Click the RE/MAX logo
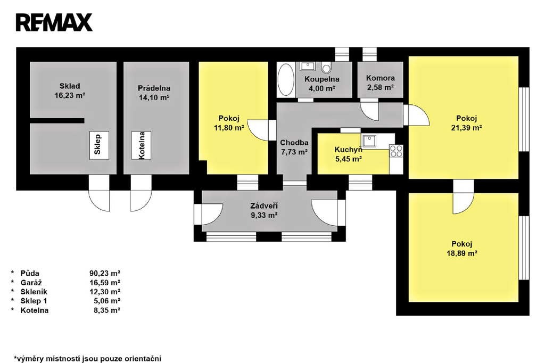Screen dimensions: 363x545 [x=54, y=22]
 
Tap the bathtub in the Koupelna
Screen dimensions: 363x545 [x=286, y=80]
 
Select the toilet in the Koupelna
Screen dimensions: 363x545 [x=327, y=68]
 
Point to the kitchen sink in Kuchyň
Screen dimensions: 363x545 [x=369, y=141]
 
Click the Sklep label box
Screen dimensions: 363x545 [x=98, y=144]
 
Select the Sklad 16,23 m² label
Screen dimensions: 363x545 [x=70, y=91]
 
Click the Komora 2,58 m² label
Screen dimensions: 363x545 [x=380, y=82]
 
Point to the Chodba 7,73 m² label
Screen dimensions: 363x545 [x=294, y=147]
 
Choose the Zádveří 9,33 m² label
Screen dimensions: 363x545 [x=265, y=211]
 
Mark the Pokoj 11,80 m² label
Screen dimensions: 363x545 [x=229, y=123]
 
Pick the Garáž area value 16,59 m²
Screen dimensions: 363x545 [x=104, y=283]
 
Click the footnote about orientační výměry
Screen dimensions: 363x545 [x=88, y=358]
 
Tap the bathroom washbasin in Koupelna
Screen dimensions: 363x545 [x=308, y=67]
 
